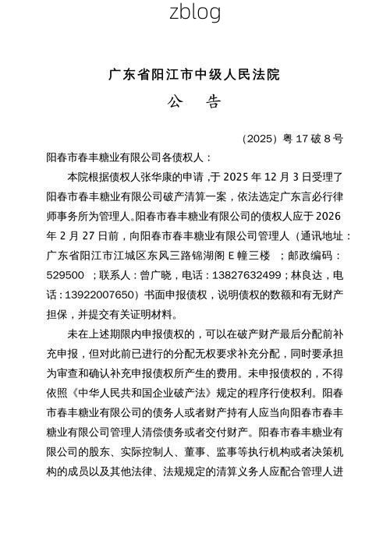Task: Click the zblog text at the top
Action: (x=195, y=12)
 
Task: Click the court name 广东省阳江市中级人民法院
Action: (x=195, y=75)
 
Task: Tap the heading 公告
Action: (x=195, y=103)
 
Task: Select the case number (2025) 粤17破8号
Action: (x=292, y=139)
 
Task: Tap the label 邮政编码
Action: (x=311, y=256)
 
